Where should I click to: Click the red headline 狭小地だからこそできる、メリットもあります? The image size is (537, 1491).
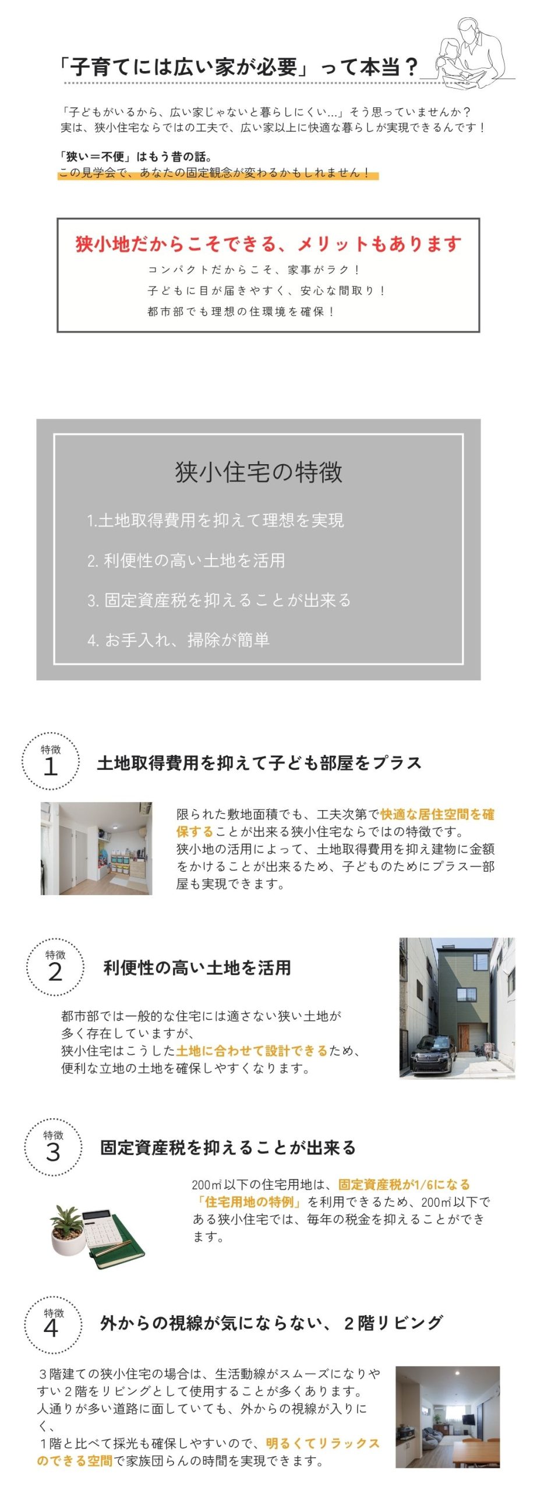(268, 244)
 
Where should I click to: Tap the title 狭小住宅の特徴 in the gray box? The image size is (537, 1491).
(259, 472)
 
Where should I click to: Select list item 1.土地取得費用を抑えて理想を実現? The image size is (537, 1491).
(215, 520)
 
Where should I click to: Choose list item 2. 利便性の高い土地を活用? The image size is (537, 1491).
(186, 560)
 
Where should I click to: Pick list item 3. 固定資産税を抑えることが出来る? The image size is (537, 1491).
(220, 600)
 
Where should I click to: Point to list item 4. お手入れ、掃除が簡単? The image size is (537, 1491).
(178, 640)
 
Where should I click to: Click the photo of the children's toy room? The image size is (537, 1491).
(96, 848)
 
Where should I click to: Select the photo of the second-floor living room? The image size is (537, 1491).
(447, 1417)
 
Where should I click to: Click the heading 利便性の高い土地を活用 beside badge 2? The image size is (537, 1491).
(197, 967)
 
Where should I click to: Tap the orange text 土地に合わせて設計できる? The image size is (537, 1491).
(252, 1051)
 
